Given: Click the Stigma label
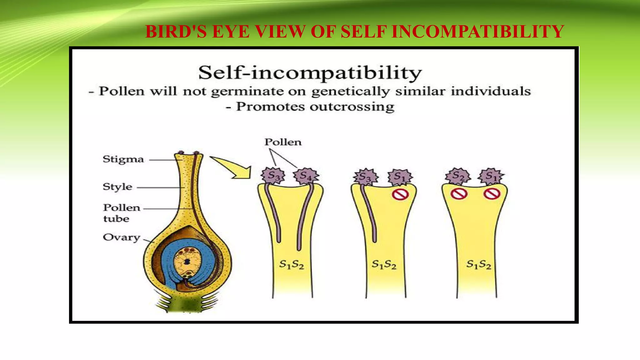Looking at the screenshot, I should pos(123,159).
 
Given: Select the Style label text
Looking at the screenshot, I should pos(117,187).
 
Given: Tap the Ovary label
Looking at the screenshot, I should pos(122,237).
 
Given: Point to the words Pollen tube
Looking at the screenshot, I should pos(121,213).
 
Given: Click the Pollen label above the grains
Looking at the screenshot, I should pos(283,142).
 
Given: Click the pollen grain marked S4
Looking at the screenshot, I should pos(306,176).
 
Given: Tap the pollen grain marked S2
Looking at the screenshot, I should pos(458,176).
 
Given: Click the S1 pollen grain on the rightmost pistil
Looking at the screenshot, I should pos(491,176).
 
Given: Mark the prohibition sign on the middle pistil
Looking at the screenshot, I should pos(400,194).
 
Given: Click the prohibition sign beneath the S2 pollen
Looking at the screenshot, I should pos(459,194).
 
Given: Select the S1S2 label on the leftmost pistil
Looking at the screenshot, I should pos(291,265).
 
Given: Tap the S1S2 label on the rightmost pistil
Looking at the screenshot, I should pos(478,265).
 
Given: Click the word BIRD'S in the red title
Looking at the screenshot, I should pos(176,32).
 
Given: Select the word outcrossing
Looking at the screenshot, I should pos(352,107).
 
